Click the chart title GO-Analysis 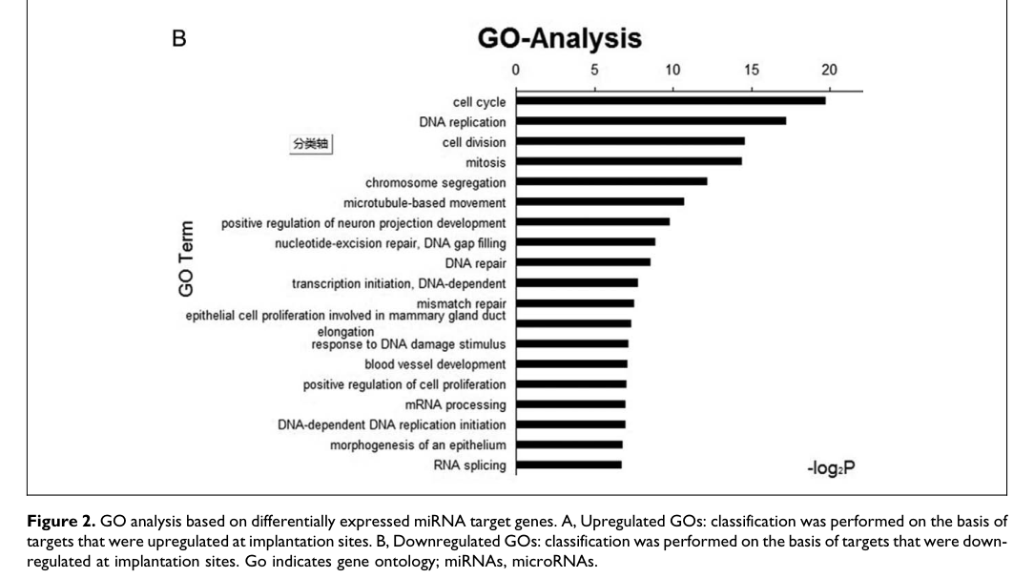pos(560,38)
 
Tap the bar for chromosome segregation pos(610,181)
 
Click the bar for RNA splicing pos(568,464)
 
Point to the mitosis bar pos(628,161)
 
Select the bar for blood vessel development pos(570,363)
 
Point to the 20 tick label pos(828,70)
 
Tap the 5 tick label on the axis pos(594,70)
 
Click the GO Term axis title pos(187,258)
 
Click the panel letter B pos(177,37)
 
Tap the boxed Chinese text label pos(311,143)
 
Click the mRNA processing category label pos(456,404)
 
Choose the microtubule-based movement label pos(424,202)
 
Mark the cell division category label pos(474,142)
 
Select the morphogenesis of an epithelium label pos(418,444)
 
